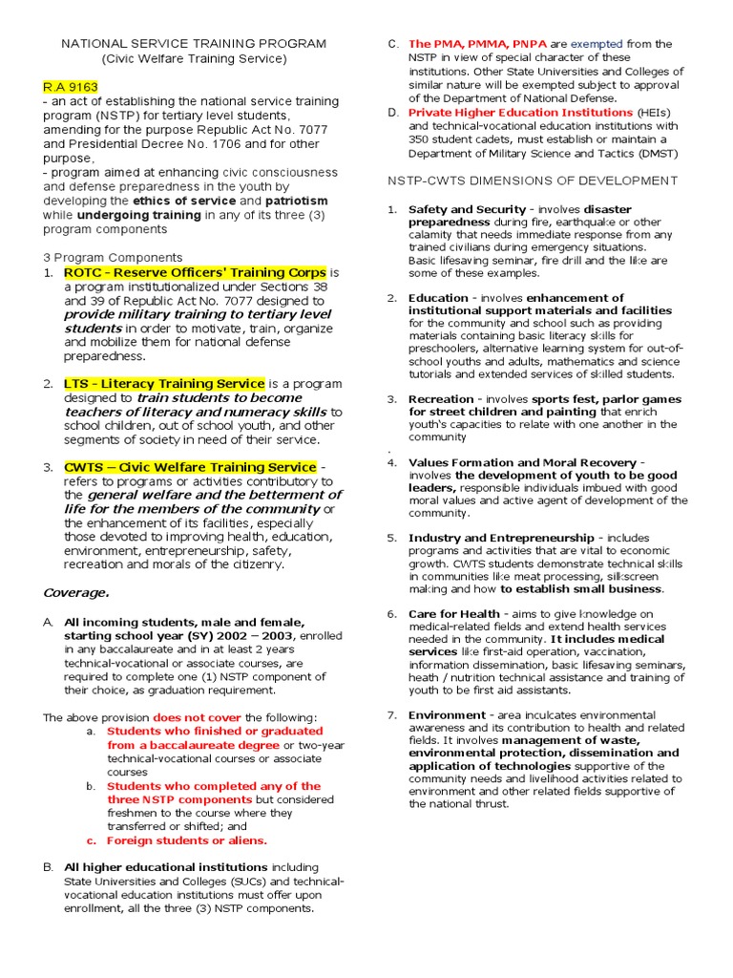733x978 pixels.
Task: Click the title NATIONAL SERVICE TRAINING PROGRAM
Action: pyautogui.click(x=194, y=44)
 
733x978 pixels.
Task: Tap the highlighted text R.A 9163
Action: pyautogui.click(x=70, y=87)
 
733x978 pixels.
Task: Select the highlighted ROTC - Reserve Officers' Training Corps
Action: pyautogui.click(x=195, y=272)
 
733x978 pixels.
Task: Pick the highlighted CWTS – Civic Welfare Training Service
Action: pyautogui.click(x=190, y=467)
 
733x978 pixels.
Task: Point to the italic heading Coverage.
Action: pyautogui.click(x=76, y=592)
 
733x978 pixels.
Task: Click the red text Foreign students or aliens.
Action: pyautogui.click(x=187, y=840)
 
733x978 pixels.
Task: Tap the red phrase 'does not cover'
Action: pyautogui.click(x=197, y=717)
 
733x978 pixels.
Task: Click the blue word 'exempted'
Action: pyautogui.click(x=597, y=44)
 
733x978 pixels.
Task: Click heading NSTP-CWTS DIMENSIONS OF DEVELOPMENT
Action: pyautogui.click(x=532, y=181)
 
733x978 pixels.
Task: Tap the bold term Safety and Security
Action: pyautogui.click(x=467, y=209)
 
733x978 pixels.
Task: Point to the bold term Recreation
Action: pyautogui.click(x=440, y=399)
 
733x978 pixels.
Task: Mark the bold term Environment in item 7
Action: pyautogui.click(x=446, y=714)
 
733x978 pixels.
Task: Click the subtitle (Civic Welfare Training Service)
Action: pyautogui.click(x=194, y=58)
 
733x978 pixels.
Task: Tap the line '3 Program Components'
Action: pyautogui.click(x=113, y=257)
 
